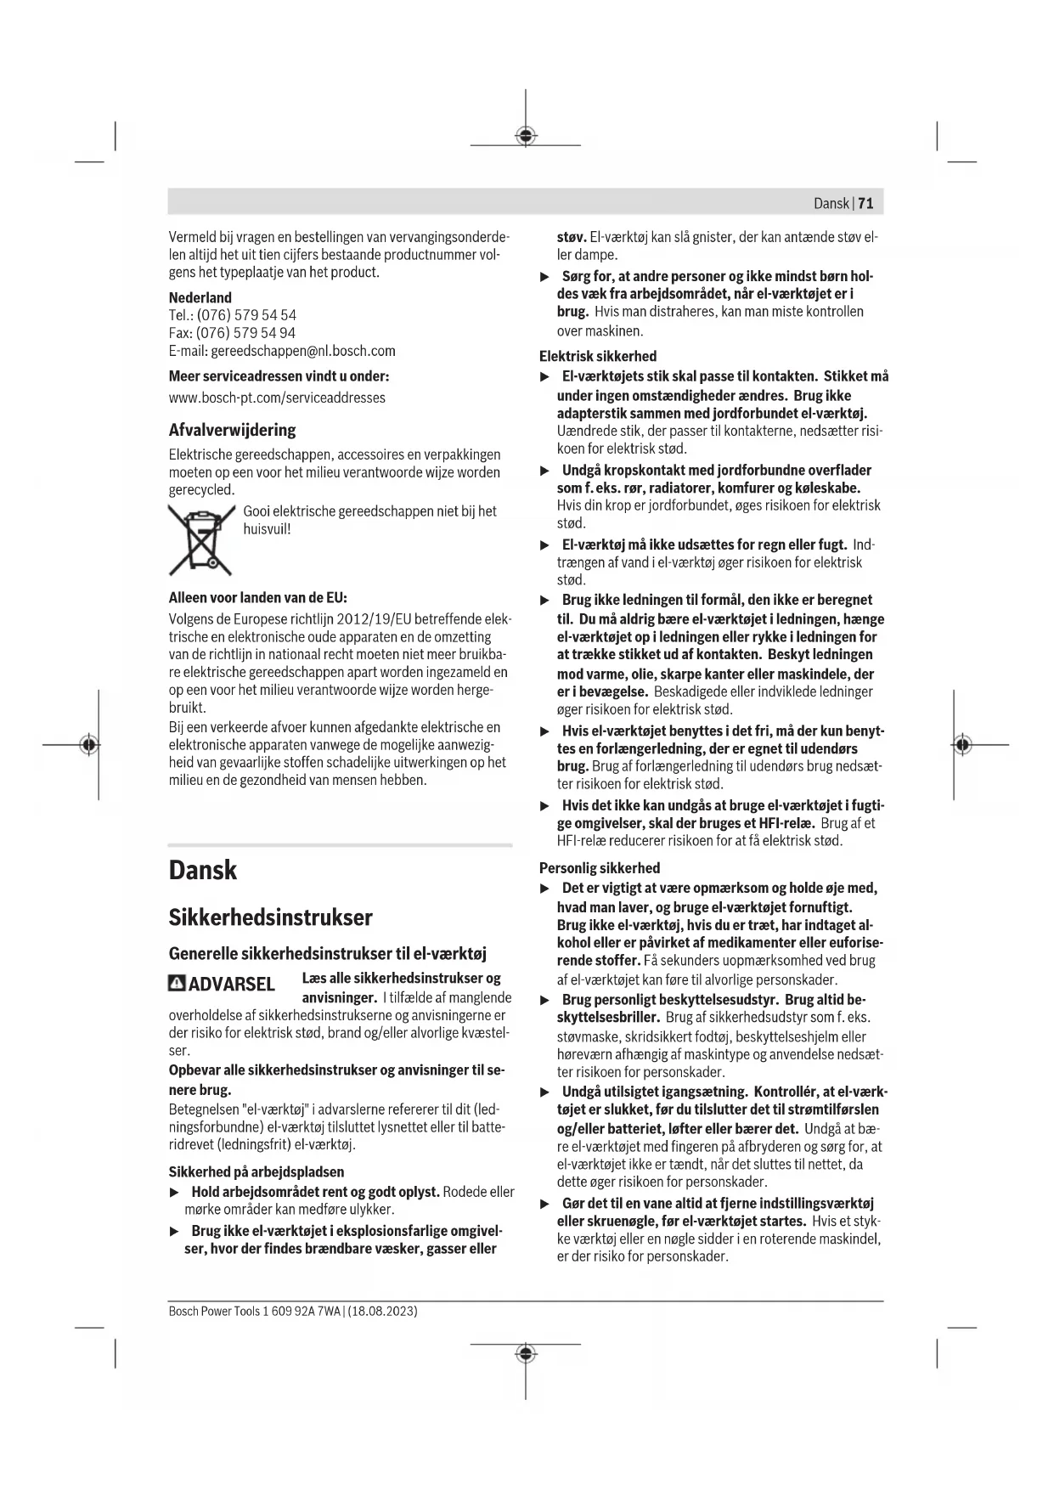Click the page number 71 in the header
point(865,203)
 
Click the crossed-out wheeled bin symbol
point(201,539)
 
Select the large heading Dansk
point(203,870)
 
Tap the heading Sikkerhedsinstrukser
point(270,917)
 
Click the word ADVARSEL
point(231,984)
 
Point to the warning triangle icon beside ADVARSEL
point(177,983)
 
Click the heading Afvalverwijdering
point(232,430)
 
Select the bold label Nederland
point(200,297)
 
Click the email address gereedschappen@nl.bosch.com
point(302,351)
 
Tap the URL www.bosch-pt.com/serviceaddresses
point(277,398)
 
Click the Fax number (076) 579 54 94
point(245,333)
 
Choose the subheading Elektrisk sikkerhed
point(597,356)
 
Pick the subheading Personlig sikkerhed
point(599,868)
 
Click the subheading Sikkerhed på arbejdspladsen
point(256,1172)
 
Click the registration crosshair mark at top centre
point(526,136)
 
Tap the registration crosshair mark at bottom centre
point(526,1352)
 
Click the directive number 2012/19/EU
point(378,619)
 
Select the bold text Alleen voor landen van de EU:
point(257,597)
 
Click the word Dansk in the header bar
point(831,203)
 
